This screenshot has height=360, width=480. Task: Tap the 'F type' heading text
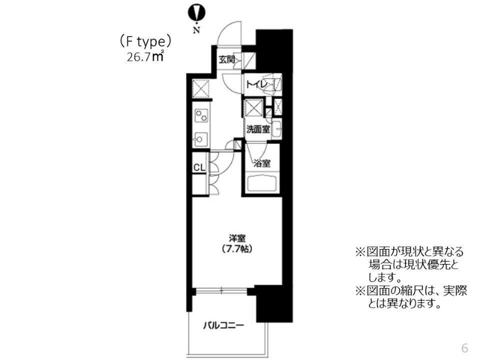click(x=145, y=42)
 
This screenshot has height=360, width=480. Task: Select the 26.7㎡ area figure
click(x=145, y=56)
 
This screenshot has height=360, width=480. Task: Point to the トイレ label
click(x=257, y=84)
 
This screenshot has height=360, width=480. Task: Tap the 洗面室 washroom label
click(x=258, y=130)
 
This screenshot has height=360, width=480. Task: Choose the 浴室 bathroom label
click(x=262, y=163)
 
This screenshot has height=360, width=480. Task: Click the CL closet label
click(x=199, y=167)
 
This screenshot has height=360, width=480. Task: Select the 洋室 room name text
click(x=237, y=238)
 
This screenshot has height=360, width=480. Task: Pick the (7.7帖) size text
click(x=237, y=249)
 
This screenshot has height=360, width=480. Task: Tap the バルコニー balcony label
click(x=224, y=325)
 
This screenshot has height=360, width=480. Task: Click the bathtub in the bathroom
click(x=262, y=184)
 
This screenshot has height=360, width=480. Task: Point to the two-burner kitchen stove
click(x=201, y=116)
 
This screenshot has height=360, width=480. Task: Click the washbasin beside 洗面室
click(x=277, y=130)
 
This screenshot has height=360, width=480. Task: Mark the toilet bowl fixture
click(x=274, y=85)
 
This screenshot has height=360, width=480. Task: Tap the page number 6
click(x=464, y=348)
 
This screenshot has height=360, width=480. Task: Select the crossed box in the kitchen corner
click(x=201, y=88)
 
